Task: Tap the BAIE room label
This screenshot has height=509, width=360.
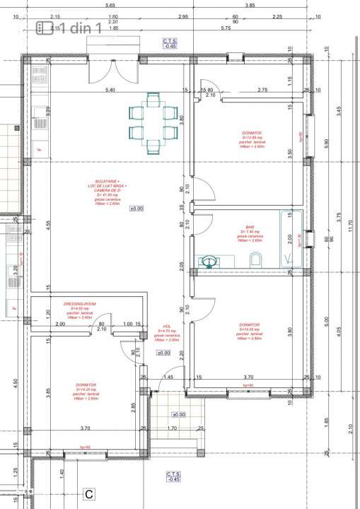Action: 250,227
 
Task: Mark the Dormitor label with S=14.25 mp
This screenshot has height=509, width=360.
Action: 86,386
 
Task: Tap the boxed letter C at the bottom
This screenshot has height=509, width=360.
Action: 89,494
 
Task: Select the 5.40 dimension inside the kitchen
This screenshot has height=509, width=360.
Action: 110,91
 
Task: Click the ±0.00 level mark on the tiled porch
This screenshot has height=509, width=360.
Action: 178,415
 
